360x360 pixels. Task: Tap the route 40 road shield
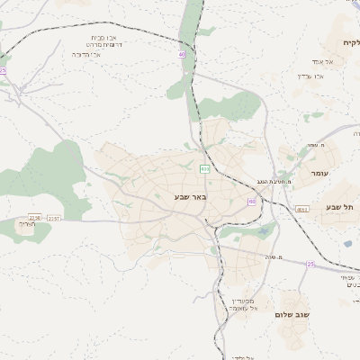182,55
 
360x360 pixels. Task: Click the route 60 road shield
251,202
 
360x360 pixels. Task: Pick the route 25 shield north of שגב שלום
310,264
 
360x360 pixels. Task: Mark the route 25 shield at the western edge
3,70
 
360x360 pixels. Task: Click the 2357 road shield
54,218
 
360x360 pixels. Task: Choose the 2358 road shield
35,217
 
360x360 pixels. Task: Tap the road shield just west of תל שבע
301,209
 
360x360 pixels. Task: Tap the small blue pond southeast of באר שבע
262,231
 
